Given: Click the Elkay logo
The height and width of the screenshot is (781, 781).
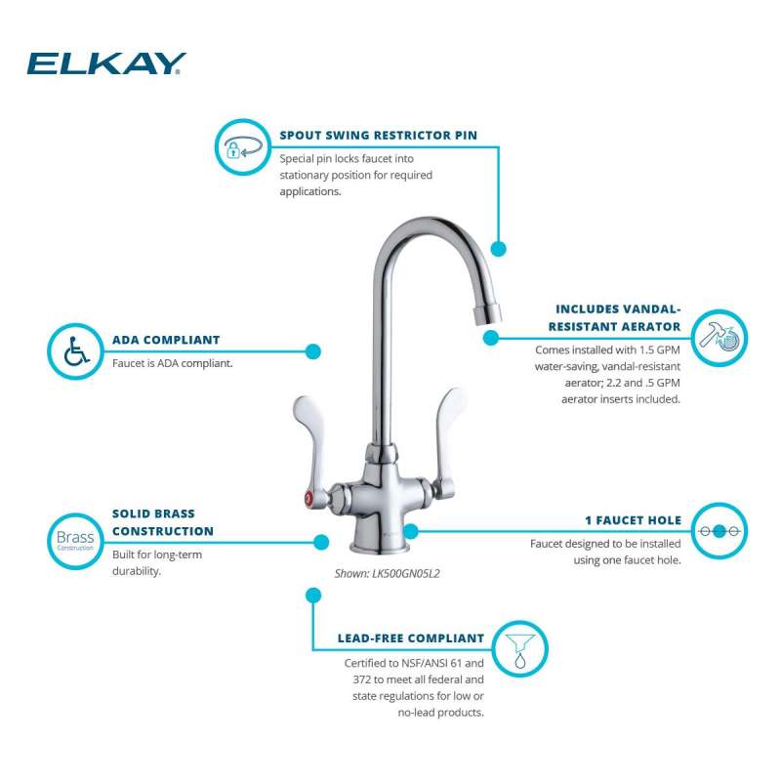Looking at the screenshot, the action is (106, 63).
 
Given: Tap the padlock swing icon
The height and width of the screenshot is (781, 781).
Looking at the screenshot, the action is (242, 147).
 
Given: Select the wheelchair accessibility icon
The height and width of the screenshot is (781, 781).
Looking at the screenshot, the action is (76, 351).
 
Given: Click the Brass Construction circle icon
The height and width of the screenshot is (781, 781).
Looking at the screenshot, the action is (75, 541).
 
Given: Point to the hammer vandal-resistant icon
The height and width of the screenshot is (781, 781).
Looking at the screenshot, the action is (719, 338).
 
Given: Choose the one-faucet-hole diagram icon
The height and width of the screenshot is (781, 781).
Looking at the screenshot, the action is (719, 531).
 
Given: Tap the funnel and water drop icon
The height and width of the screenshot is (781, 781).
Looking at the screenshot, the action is (520, 649).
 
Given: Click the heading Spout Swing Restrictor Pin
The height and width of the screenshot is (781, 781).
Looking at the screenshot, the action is (378, 136).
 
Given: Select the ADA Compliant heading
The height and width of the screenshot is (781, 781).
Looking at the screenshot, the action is (166, 340).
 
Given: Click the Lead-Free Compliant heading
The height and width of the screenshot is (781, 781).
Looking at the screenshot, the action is (411, 638).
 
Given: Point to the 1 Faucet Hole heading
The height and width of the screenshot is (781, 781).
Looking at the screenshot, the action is (633, 520).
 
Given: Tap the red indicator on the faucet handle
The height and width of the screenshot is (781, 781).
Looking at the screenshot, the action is (308, 497).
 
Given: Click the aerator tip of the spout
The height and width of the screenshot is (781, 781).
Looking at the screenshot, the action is (486, 314).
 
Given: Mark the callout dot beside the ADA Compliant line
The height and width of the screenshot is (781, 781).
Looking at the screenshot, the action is (312, 351).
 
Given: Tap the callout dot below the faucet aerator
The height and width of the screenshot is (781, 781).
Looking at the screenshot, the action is (491, 338).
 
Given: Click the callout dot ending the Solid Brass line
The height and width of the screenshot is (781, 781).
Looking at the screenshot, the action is (321, 542).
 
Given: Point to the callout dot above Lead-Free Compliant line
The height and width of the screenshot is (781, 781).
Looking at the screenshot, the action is (313, 596).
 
